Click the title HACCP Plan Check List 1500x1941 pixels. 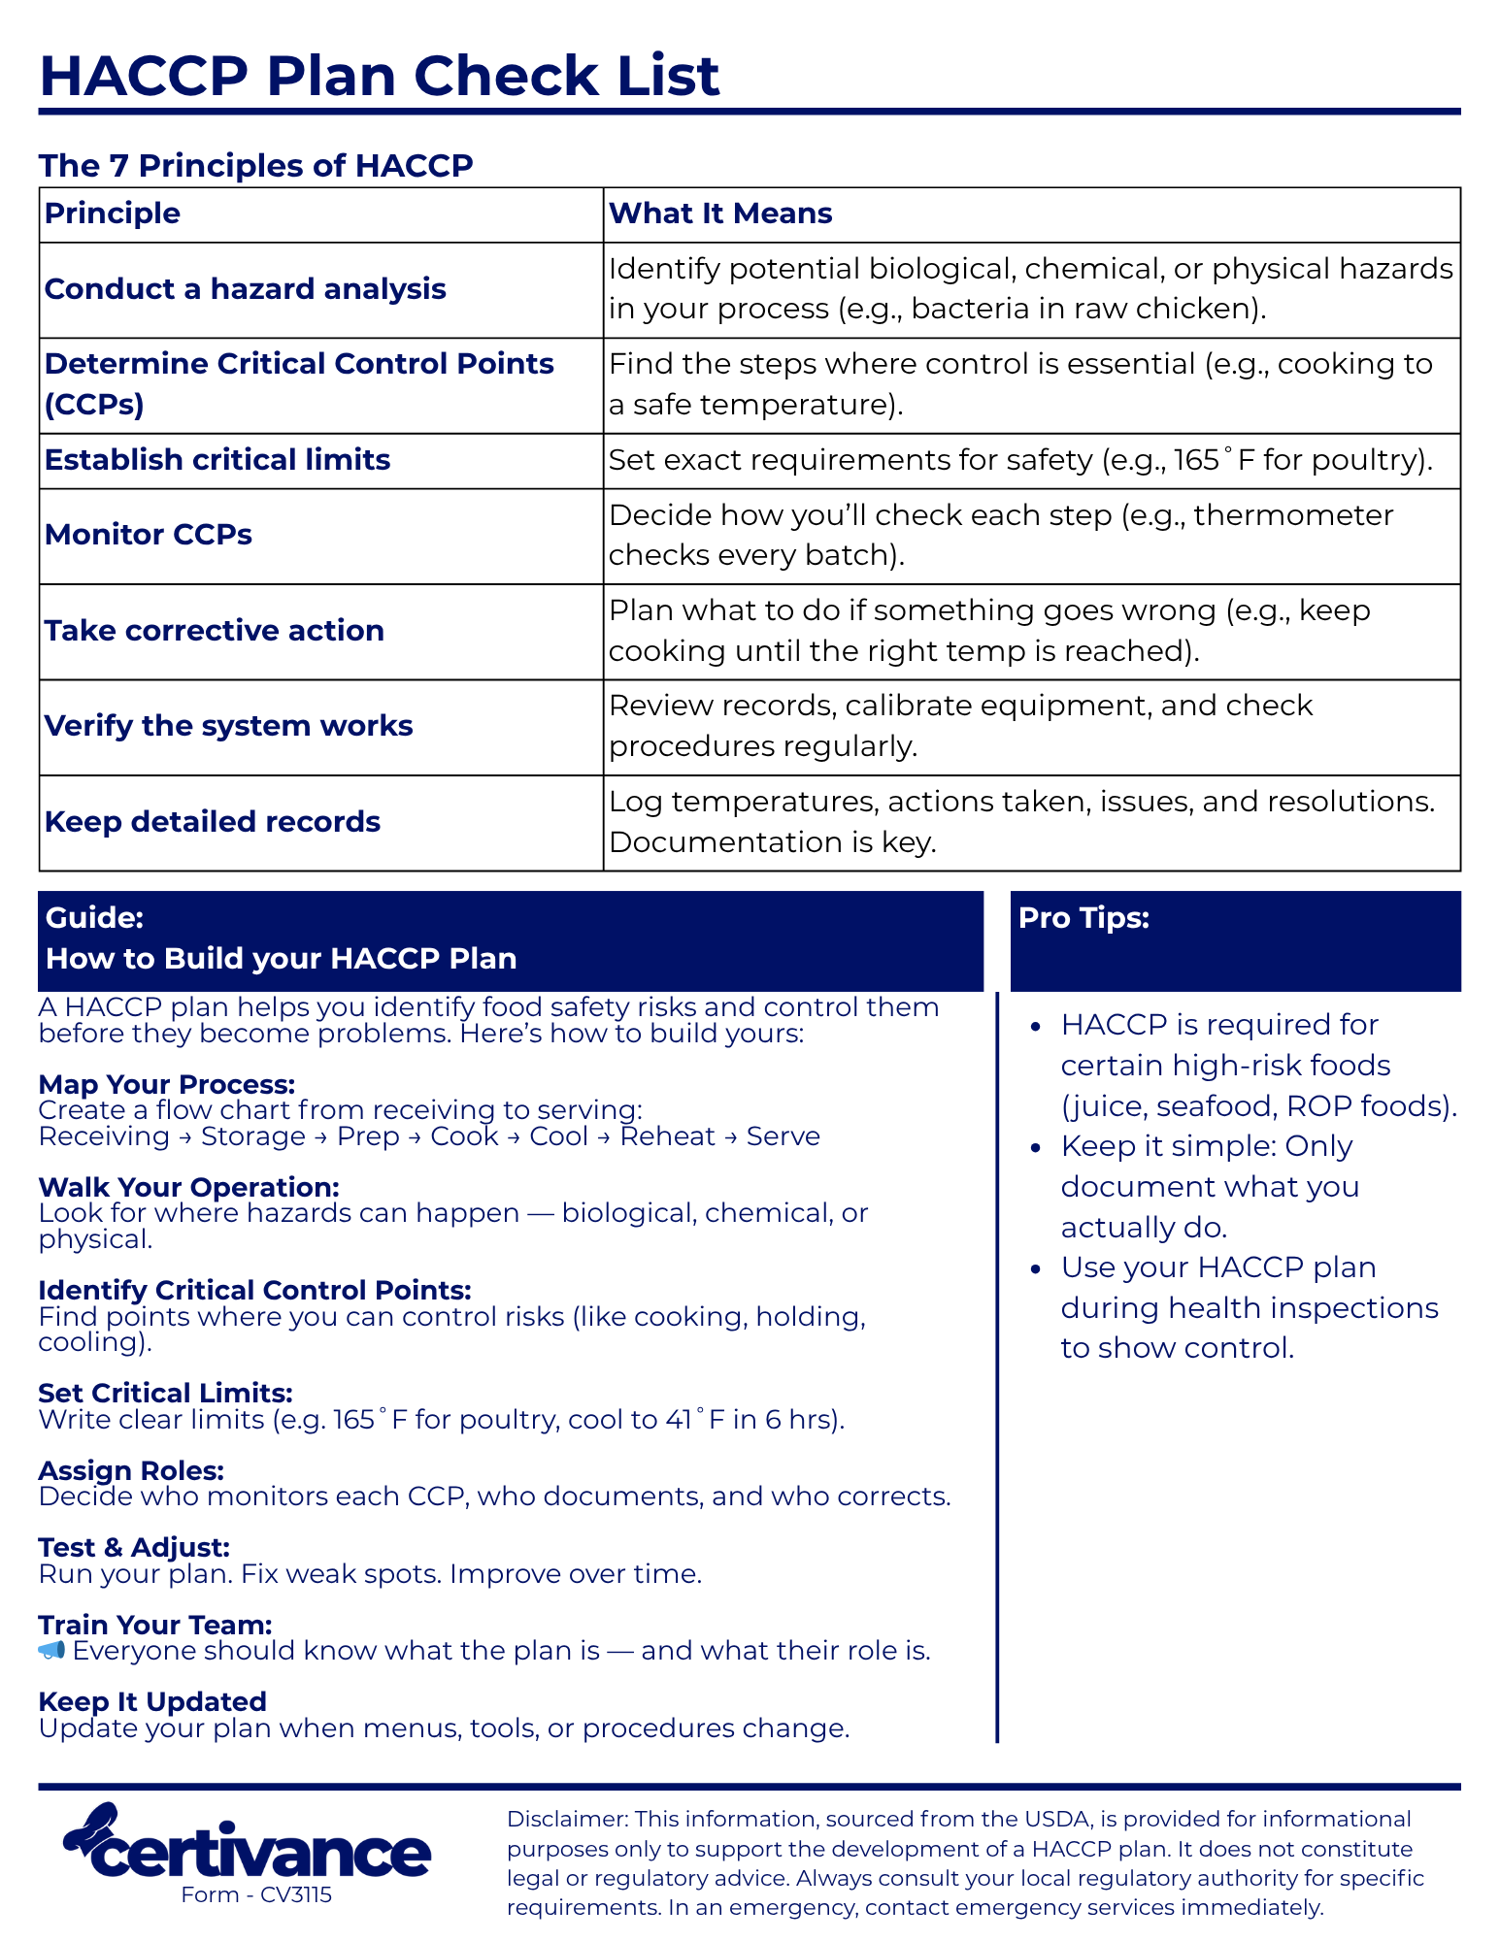tap(379, 76)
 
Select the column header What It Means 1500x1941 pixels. tap(719, 214)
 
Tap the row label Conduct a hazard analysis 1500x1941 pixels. tap(245, 289)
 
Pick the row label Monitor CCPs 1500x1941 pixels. tap(148, 535)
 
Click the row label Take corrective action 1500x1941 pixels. tap(214, 631)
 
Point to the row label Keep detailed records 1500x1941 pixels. tap(212, 822)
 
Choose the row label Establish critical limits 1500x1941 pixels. tap(217, 460)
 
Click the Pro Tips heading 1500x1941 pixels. tap(1083, 918)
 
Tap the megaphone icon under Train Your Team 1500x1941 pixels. tap(51, 1651)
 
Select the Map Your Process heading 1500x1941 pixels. tap(166, 1084)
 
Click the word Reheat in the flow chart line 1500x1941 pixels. tap(667, 1136)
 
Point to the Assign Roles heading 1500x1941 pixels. tap(131, 1470)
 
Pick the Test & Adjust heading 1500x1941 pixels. tap(134, 1547)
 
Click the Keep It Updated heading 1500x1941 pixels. tap(152, 1701)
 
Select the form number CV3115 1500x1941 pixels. tap(295, 1894)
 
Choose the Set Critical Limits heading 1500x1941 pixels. tap(165, 1394)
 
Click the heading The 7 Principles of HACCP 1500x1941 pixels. tap(255, 166)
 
